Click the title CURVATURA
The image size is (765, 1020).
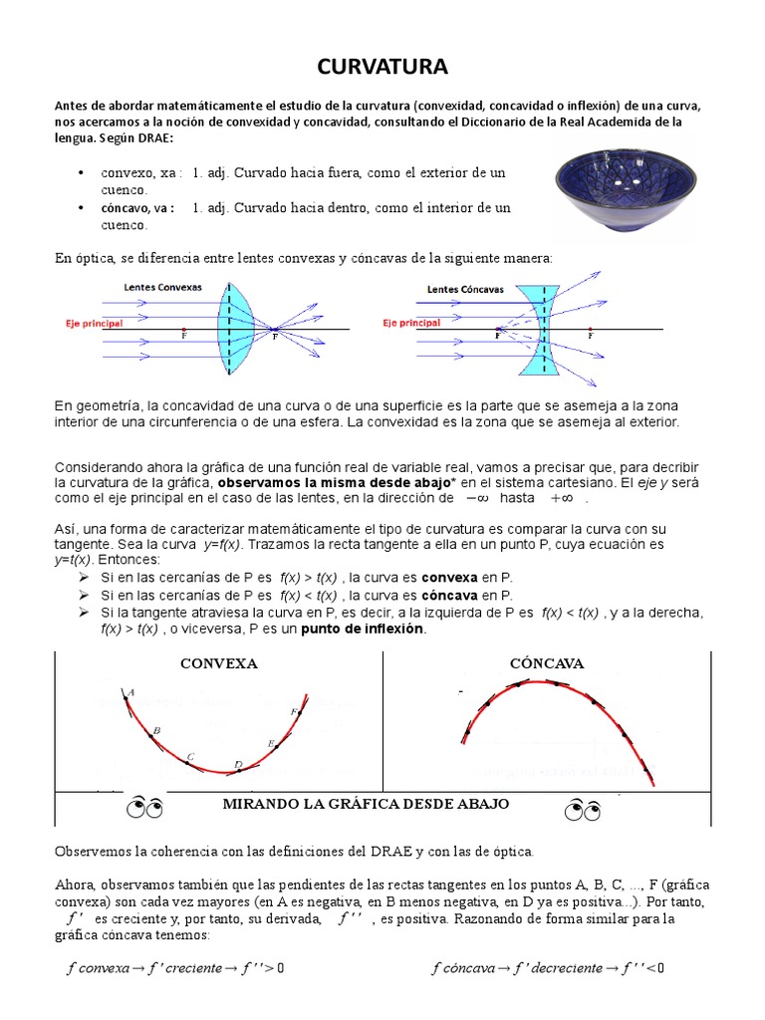[382, 67]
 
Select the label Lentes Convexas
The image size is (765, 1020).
[162, 287]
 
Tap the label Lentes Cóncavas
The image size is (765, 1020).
[465, 290]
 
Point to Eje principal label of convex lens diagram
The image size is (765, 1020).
[94, 324]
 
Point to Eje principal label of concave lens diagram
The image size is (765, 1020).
[411, 324]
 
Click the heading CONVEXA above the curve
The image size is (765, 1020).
[218, 663]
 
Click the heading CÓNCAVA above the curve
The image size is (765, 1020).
[546, 663]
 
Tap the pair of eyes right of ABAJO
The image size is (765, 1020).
[581, 809]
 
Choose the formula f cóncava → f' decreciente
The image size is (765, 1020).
[548, 967]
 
